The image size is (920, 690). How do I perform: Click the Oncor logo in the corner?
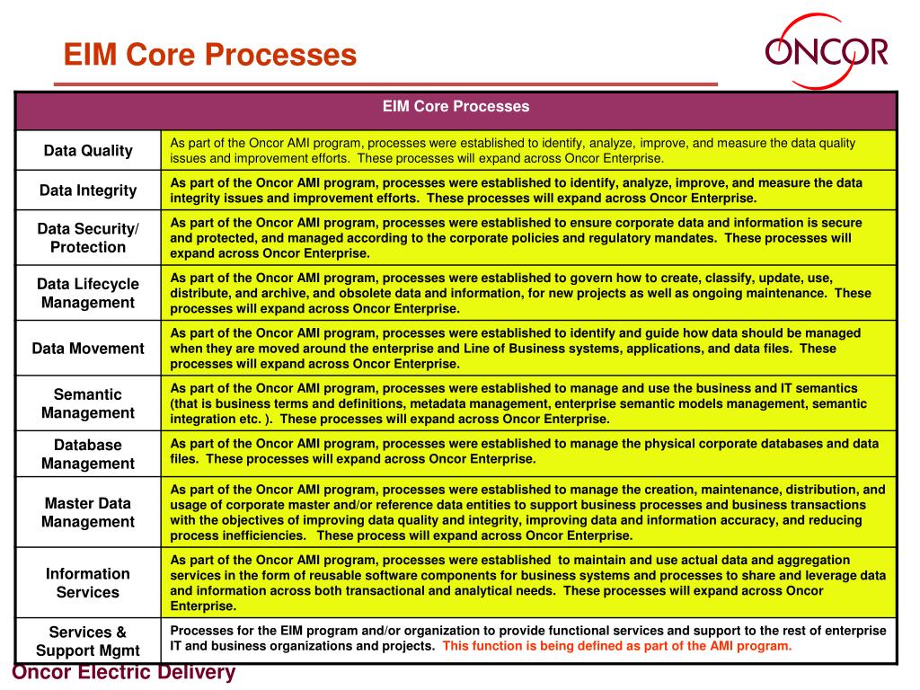(x=826, y=51)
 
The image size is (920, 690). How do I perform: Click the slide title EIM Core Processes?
(x=209, y=56)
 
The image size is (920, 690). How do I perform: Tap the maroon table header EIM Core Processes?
(x=456, y=107)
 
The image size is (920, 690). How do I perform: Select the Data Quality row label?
(x=88, y=150)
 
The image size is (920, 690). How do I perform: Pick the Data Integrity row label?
(x=88, y=190)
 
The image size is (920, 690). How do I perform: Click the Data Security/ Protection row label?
(x=88, y=237)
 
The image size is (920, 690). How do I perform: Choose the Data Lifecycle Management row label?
(x=88, y=293)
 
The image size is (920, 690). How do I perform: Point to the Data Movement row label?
(x=88, y=348)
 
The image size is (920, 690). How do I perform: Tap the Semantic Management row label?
(x=88, y=403)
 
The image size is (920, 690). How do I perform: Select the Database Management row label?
(x=88, y=454)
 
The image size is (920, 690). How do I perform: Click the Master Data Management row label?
(x=88, y=512)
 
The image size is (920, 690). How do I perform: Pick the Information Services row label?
(x=88, y=582)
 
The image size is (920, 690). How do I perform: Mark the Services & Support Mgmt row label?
(x=88, y=641)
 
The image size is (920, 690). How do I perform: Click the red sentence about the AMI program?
(x=617, y=646)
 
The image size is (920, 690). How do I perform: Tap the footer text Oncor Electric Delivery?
(x=123, y=673)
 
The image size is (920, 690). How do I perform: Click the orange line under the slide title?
(x=386, y=84)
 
